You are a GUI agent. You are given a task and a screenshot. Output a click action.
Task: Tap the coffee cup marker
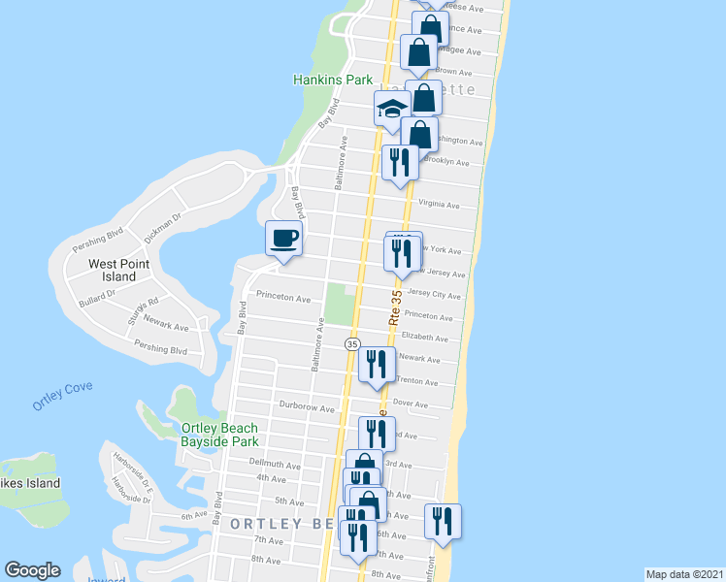tap(284, 238)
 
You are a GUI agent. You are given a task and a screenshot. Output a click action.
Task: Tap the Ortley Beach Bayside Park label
tap(220, 435)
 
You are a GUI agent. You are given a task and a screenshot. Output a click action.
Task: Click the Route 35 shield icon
tap(352, 344)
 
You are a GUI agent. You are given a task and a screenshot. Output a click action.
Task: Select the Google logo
tap(32, 570)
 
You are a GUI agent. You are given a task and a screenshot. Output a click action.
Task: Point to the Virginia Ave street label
tap(439, 205)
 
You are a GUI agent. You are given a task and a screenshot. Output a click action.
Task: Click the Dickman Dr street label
tap(163, 228)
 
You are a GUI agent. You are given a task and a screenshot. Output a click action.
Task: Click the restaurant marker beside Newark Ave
tap(377, 364)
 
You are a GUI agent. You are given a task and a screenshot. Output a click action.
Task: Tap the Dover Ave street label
tap(411, 403)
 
